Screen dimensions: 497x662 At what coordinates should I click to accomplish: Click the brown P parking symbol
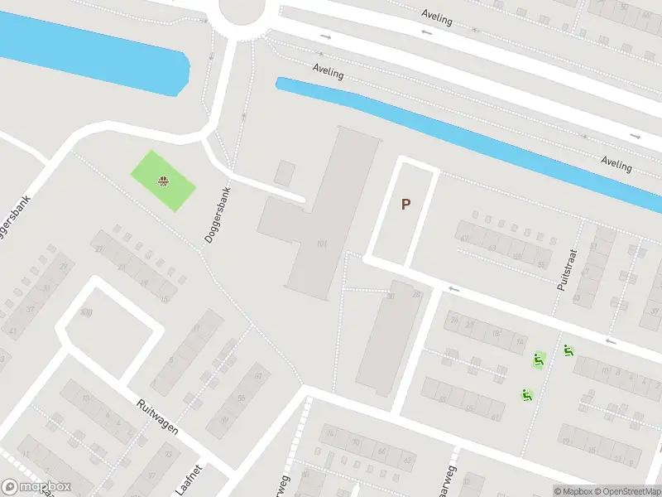[x=405, y=204]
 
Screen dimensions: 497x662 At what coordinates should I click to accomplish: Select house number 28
[x=416, y=294]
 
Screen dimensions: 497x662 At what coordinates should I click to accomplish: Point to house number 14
[x=520, y=340]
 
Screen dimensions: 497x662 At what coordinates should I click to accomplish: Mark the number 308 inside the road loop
[x=86, y=313]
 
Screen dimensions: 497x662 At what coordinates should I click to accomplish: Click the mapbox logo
[x=36, y=487]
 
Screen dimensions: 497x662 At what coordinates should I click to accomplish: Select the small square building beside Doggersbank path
[x=285, y=173]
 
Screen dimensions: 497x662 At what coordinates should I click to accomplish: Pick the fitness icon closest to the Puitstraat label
[x=568, y=351]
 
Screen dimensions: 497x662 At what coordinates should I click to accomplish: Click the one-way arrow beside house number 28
[x=453, y=289]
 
